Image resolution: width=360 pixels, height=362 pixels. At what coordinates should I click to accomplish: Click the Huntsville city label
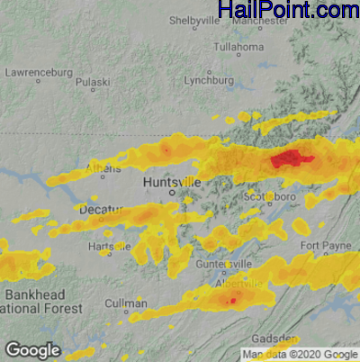coord(172,182)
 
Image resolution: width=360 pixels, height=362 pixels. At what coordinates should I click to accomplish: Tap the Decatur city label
coord(99,209)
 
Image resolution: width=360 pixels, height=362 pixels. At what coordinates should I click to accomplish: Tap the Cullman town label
coord(126,304)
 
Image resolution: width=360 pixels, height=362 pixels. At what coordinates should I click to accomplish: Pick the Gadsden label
coord(273,339)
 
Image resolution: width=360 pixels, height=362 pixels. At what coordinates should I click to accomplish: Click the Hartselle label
coord(110,247)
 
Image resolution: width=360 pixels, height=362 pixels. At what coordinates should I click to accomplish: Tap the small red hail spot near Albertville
coord(232,300)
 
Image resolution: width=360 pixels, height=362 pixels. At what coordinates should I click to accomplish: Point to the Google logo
coord(32,349)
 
